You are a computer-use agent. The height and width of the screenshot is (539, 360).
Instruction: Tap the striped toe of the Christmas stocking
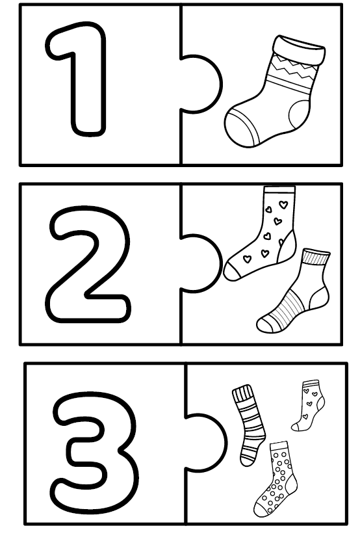(x=240, y=129)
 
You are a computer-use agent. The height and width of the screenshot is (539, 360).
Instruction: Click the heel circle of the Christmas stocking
(x=299, y=114)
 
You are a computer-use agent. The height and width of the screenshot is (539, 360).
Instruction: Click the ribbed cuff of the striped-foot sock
(x=315, y=257)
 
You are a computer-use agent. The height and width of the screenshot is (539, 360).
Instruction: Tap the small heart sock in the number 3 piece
(x=309, y=406)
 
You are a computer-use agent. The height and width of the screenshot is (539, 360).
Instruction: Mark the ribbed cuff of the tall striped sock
(x=242, y=393)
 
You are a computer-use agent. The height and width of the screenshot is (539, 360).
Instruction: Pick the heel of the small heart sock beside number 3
(x=320, y=403)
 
